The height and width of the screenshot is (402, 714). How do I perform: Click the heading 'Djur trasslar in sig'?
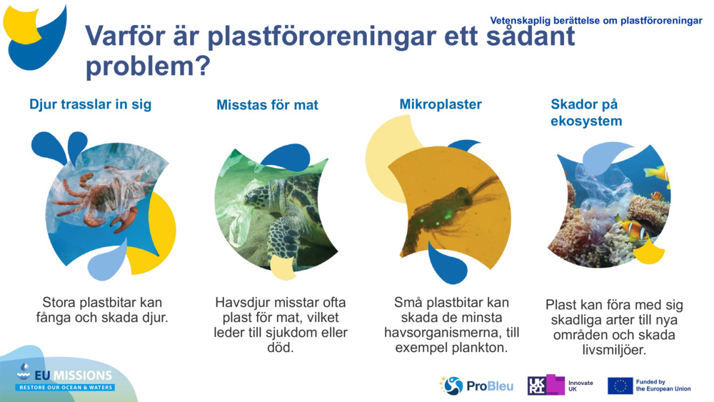tap(90, 104)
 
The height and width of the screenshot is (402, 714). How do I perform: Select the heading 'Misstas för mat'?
tap(267, 105)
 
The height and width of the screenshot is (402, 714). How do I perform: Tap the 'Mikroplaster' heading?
tap(441, 104)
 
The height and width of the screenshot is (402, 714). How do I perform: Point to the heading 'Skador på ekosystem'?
tap(585, 112)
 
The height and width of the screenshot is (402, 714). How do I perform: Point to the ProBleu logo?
tap(476, 386)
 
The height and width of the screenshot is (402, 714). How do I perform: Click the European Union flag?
tap(620, 386)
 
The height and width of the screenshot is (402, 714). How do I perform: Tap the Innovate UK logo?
tap(560, 386)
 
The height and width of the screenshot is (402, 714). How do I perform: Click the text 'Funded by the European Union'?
tap(663, 386)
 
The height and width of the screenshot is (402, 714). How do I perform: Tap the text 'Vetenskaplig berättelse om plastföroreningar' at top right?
tap(596, 21)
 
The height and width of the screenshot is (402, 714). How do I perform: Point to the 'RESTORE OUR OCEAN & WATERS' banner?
tap(66, 388)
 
